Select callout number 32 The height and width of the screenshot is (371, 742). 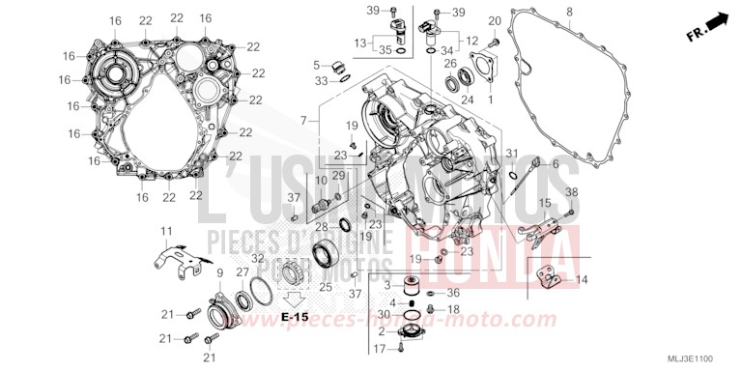tap(256, 260)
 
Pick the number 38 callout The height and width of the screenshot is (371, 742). tap(572, 191)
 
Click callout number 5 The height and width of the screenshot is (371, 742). tap(315, 65)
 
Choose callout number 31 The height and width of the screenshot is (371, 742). tap(513, 153)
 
